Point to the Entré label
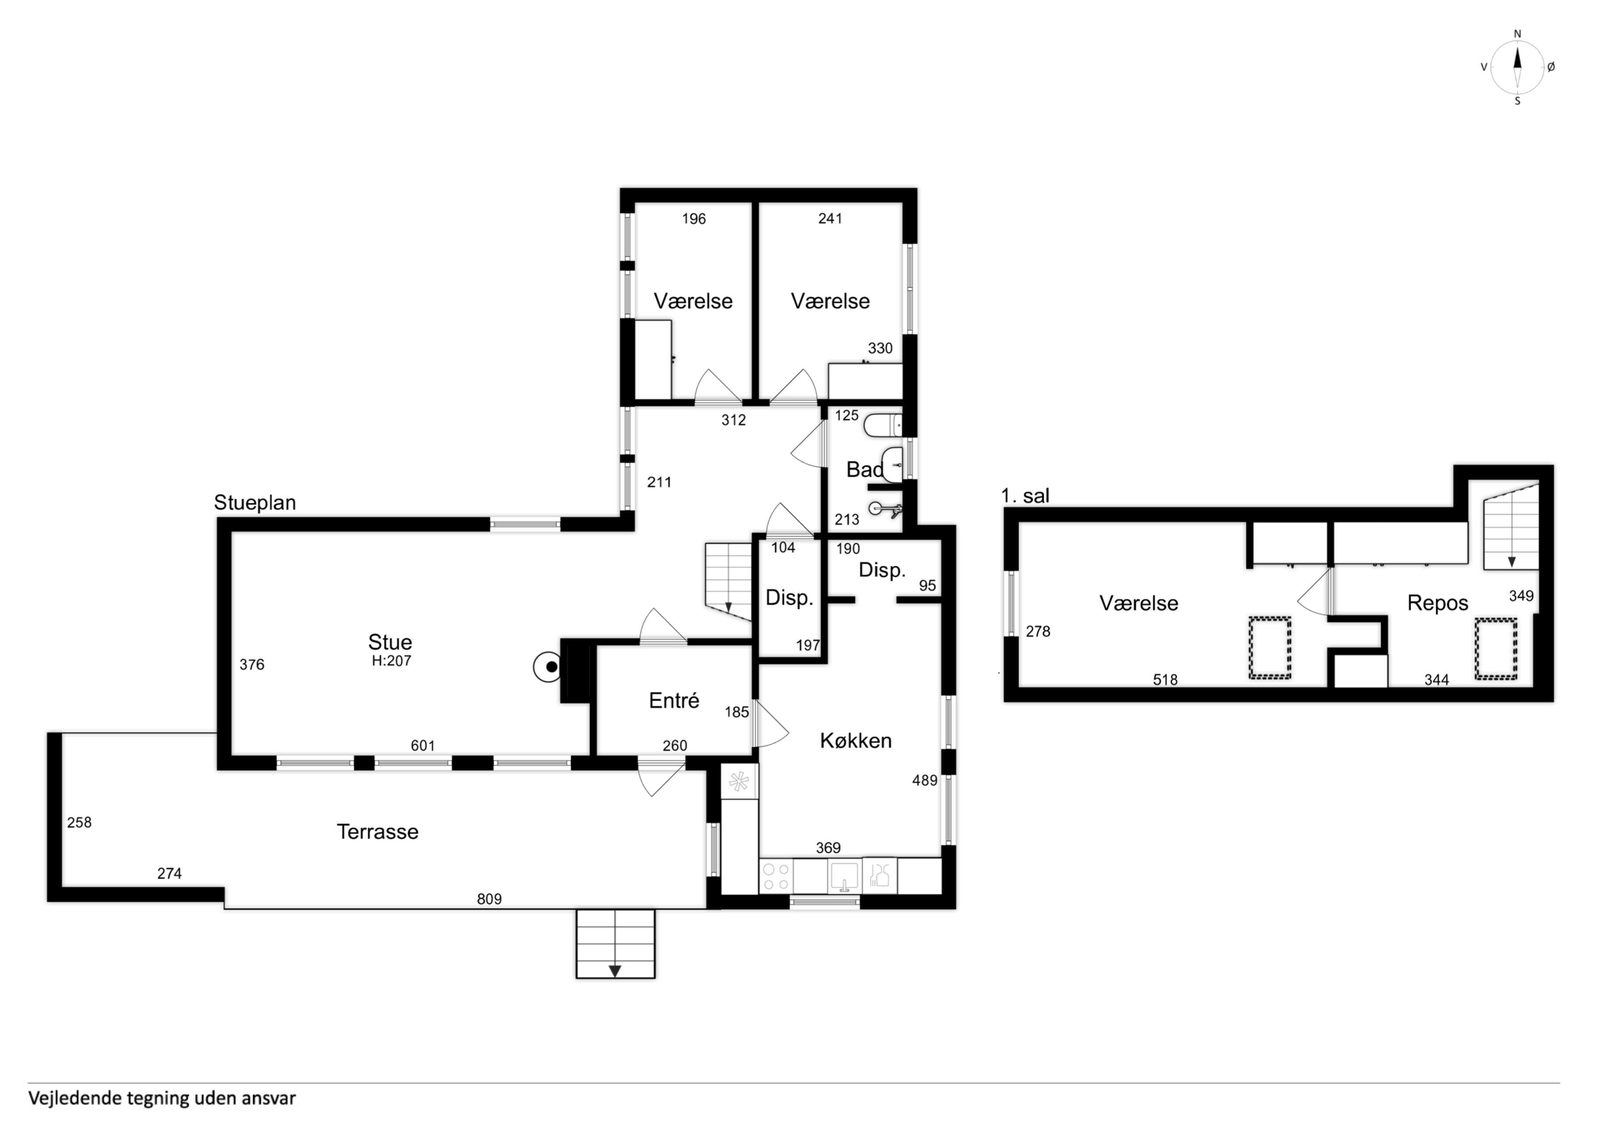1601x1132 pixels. point(674,700)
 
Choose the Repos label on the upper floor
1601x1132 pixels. point(1437,603)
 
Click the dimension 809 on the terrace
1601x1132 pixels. point(489,899)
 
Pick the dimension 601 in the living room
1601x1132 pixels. point(423,746)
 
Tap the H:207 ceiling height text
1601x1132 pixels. point(391,661)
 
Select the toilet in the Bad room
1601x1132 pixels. point(883,425)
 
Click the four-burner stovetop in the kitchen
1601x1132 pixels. point(775,877)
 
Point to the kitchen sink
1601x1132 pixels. point(844,877)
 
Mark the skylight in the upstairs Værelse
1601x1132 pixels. point(1269,647)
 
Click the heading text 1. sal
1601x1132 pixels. point(1025,496)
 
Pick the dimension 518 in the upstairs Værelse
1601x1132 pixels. point(1165,679)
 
